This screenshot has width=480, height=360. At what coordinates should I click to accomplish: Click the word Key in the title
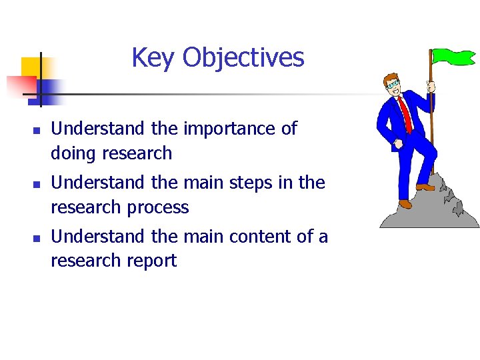(154, 58)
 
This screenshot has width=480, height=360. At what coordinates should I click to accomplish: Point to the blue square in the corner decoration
(51, 89)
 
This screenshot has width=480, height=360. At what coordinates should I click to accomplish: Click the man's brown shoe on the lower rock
(405, 203)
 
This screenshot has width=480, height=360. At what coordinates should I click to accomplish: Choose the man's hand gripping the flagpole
(431, 87)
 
